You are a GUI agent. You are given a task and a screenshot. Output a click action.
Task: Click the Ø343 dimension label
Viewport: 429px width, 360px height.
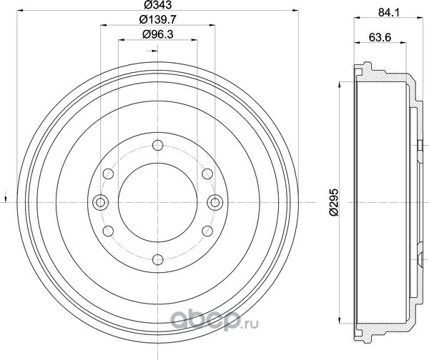click(x=157, y=5)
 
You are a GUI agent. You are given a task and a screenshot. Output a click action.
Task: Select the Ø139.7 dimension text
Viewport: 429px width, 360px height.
click(x=157, y=19)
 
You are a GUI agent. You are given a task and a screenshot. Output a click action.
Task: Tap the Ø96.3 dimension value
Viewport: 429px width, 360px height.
click(x=157, y=34)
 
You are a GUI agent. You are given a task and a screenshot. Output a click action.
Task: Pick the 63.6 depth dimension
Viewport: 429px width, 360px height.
click(x=380, y=37)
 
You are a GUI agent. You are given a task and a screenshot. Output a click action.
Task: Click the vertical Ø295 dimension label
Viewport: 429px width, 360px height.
click(x=334, y=202)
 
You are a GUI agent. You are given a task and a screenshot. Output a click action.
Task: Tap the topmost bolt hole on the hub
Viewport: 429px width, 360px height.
click(x=158, y=145)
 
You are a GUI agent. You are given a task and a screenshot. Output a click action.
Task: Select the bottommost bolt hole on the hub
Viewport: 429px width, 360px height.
click(x=158, y=259)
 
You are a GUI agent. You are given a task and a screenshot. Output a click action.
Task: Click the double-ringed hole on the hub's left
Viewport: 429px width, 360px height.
click(x=101, y=203)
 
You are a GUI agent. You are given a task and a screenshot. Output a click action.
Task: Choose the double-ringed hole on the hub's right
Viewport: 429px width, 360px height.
click(x=215, y=203)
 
